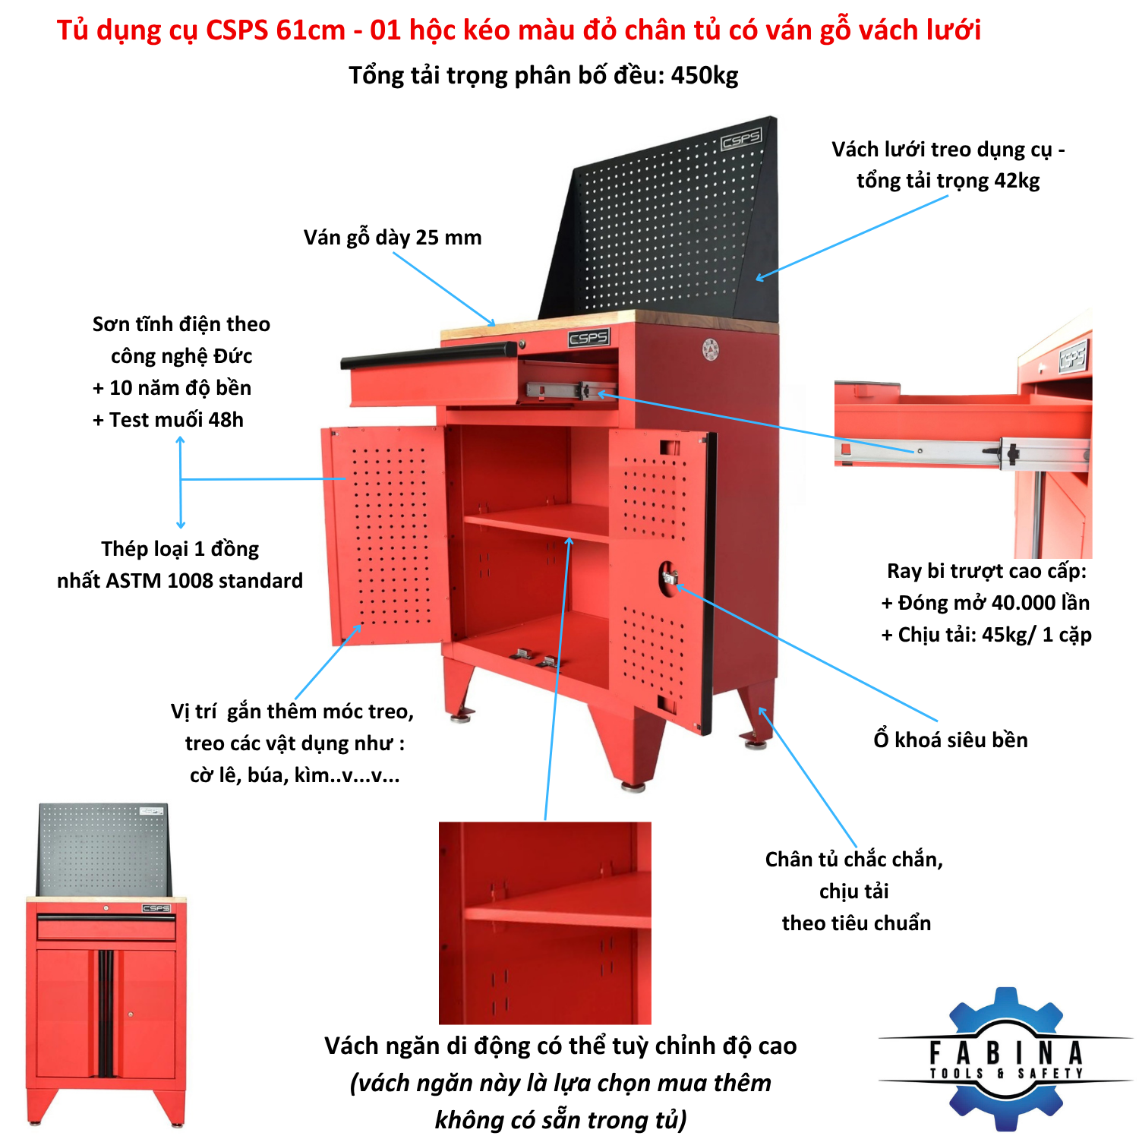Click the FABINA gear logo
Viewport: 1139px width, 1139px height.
tap(1006, 1059)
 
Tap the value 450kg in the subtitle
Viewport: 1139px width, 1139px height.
tap(704, 75)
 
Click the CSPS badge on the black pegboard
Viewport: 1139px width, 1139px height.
tap(741, 139)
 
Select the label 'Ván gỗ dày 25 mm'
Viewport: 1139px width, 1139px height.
tap(393, 238)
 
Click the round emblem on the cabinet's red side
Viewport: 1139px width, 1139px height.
tap(710, 349)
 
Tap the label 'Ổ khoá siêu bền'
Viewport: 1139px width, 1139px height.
tap(951, 740)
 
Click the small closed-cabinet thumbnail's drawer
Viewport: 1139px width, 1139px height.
tap(106, 927)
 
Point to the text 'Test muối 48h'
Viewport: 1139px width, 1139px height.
tap(176, 420)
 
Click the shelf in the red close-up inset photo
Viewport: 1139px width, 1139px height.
tap(559, 900)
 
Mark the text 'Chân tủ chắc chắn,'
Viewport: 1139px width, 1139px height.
tap(854, 860)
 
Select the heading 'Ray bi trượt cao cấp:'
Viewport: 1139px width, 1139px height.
tap(987, 571)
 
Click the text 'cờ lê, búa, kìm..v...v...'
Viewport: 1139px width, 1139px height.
tap(295, 775)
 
